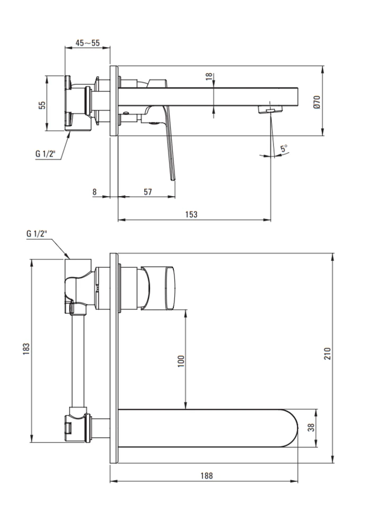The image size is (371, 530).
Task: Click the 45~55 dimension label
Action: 87,43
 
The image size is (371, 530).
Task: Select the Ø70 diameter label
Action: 316,102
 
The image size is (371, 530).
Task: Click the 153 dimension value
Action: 191,214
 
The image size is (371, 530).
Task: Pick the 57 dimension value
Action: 148,192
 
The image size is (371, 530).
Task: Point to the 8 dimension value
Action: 95,192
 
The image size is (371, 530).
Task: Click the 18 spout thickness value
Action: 209,76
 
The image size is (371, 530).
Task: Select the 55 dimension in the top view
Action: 42,105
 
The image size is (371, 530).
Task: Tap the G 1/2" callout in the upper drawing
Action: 45,154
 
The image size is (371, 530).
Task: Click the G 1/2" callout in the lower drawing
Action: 37,234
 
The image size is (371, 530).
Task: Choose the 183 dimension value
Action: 26,349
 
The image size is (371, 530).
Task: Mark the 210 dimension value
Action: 328,353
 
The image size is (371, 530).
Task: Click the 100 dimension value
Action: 181,361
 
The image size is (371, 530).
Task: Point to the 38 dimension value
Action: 311,428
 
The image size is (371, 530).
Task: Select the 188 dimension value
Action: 207,476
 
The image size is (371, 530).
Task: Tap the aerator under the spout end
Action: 270,110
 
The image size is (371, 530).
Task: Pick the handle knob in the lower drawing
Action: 159,287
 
